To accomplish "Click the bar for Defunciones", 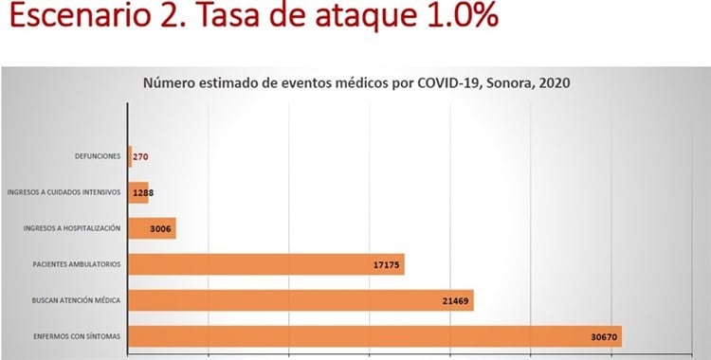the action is click(x=130, y=156).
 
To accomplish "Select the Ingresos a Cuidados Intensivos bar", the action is click(x=138, y=192).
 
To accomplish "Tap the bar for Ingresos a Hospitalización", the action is click(x=152, y=228).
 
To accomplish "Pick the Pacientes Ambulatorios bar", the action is click(x=266, y=264).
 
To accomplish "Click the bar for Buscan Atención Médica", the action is click(x=301, y=300).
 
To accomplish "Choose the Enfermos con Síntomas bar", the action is click(x=375, y=336).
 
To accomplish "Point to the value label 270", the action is click(x=140, y=157).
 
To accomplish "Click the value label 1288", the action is click(x=143, y=192).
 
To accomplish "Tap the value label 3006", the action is click(x=160, y=229).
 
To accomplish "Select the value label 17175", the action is click(x=387, y=264).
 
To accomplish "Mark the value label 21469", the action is click(x=456, y=300).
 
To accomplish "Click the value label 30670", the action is click(x=604, y=337).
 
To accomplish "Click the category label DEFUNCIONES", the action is click(x=98, y=156).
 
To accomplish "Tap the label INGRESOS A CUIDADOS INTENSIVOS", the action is click(x=64, y=192).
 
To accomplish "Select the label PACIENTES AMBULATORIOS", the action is click(x=77, y=264).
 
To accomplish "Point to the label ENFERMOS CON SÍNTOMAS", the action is click(x=77, y=336).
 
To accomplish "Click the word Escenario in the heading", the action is click(x=80, y=15).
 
